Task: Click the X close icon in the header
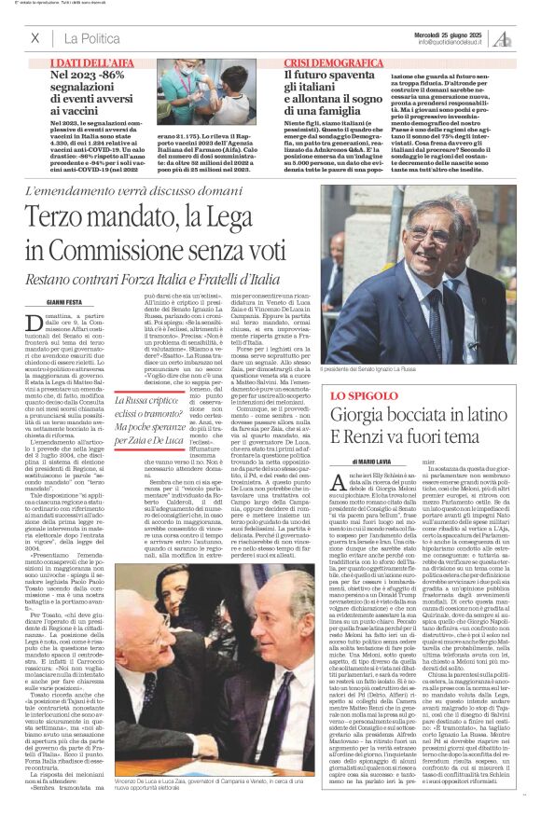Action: coord(35,38)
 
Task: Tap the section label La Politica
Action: coord(92,38)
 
